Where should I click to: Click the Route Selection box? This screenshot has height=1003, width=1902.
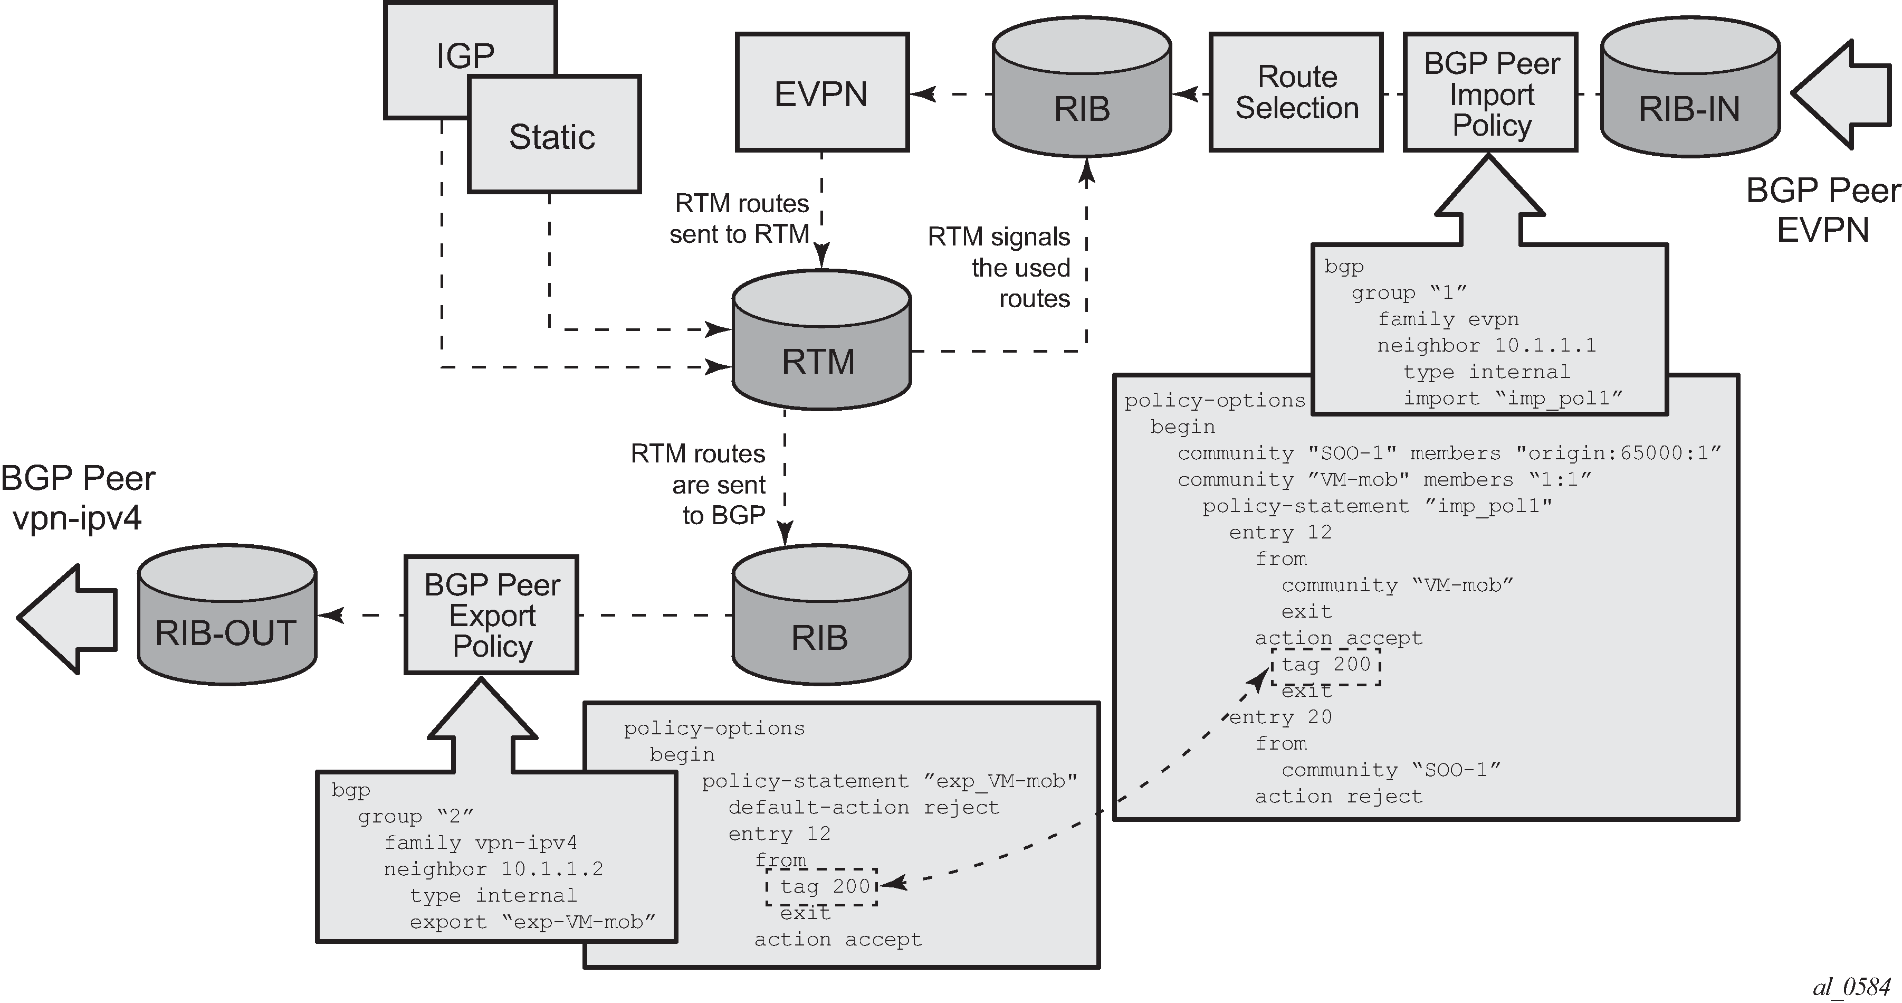[x=1296, y=93]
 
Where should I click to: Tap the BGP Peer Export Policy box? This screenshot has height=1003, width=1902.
[x=492, y=615]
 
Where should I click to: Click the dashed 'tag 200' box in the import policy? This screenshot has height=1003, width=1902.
[x=1326, y=666]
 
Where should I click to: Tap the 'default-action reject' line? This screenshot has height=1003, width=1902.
[x=863, y=807]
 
